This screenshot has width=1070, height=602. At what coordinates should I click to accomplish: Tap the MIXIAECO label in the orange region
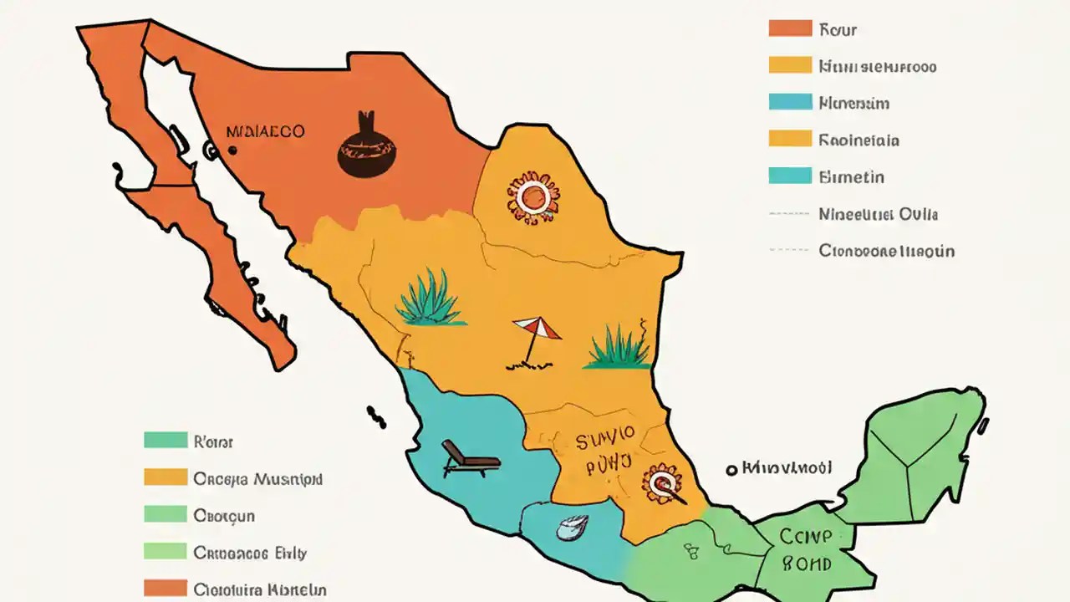tap(265, 131)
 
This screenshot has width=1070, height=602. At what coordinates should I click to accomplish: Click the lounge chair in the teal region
tap(470, 458)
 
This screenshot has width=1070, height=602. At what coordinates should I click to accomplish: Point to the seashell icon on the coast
tap(573, 528)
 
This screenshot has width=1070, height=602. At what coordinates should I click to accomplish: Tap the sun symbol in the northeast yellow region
tap(532, 197)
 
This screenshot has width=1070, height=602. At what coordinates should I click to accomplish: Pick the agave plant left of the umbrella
tap(429, 298)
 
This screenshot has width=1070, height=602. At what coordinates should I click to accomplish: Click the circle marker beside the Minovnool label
tap(731, 470)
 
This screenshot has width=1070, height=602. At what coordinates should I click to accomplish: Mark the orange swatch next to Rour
tap(790, 29)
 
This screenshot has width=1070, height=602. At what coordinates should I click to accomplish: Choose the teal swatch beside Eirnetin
tap(790, 176)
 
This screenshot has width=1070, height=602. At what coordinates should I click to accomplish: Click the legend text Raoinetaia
tap(859, 140)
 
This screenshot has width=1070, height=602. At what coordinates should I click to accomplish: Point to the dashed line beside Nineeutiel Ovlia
tap(789, 214)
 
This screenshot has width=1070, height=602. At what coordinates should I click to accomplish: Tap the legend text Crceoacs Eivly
tap(250, 553)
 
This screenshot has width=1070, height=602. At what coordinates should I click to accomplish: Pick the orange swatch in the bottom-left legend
tap(165, 589)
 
